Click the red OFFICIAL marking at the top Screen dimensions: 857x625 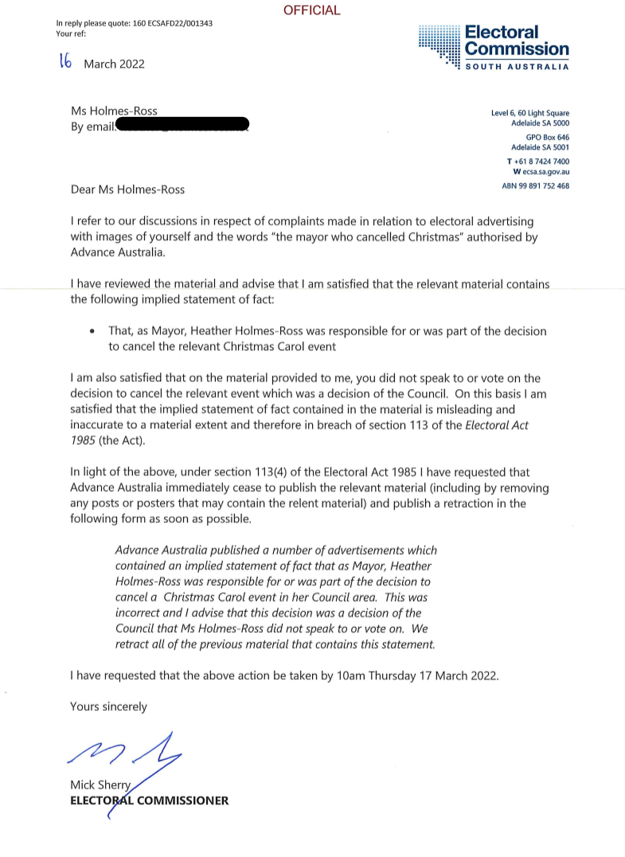(x=312, y=10)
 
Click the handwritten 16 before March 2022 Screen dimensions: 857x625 (x=66, y=62)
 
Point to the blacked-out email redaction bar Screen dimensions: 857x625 (x=184, y=126)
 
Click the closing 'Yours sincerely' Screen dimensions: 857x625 (x=108, y=707)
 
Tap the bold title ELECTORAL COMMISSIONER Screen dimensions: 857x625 (x=149, y=801)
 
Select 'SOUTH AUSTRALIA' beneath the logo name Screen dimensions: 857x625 (x=517, y=67)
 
